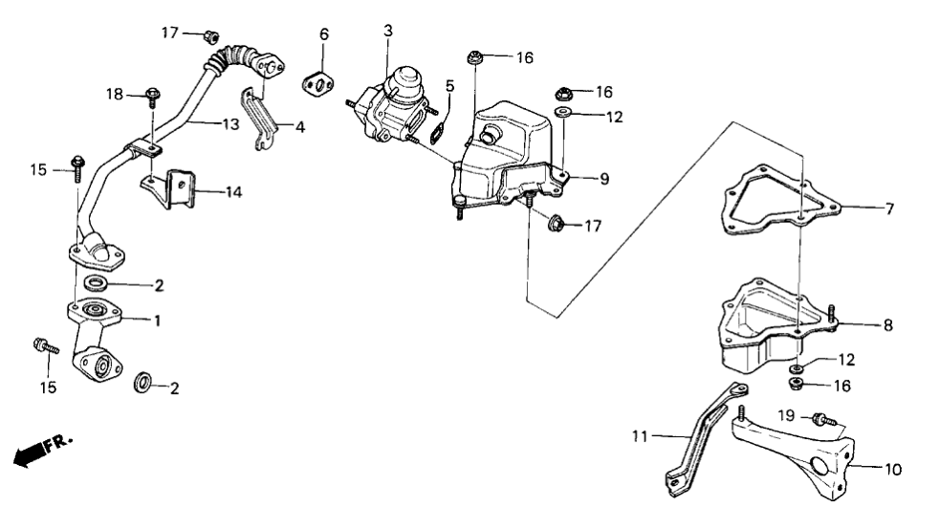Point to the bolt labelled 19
pyautogui.click(x=819, y=418)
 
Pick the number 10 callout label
pyautogui.click(x=893, y=470)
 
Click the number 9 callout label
pyautogui.click(x=603, y=179)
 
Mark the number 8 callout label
pyautogui.click(x=888, y=326)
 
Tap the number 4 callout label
pyautogui.click(x=299, y=125)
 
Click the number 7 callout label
pyautogui.click(x=889, y=207)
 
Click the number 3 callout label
pyautogui.click(x=388, y=32)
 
